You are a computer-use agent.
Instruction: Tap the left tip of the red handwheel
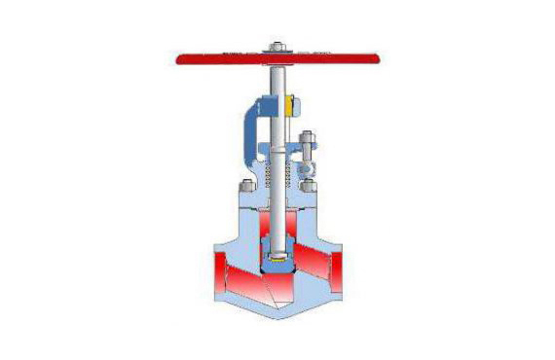pos(177,59)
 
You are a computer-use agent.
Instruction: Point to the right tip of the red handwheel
pos(379,59)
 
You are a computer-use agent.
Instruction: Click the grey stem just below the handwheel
pos(278,78)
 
